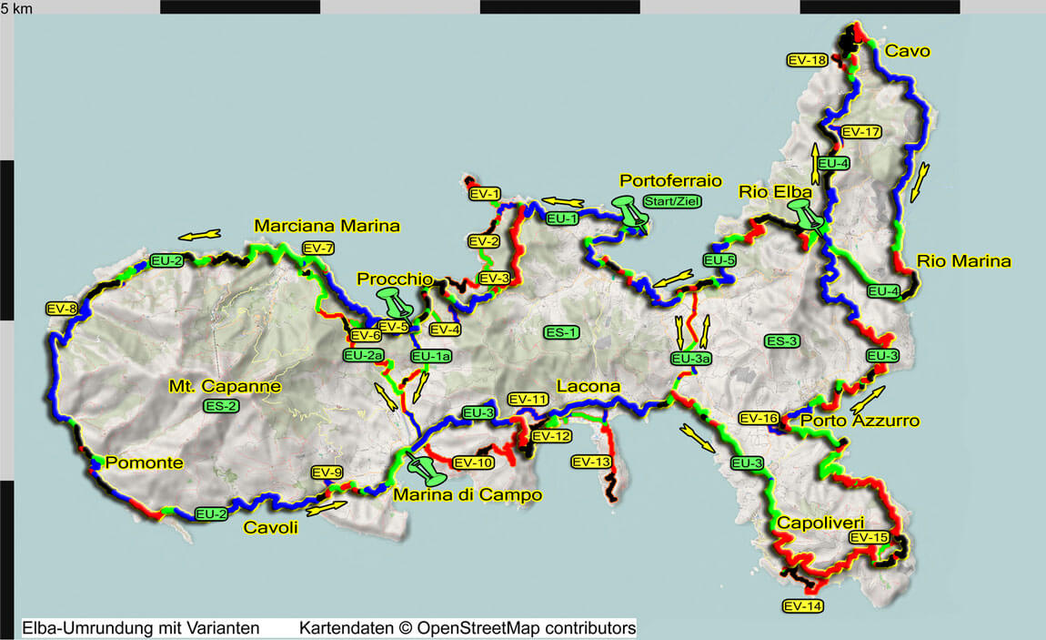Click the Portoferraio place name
670,180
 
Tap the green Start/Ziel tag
672,201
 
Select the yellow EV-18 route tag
807,60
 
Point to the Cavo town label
907,51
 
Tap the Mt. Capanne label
225,386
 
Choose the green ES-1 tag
560,332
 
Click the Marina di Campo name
467,495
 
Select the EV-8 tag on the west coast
62,309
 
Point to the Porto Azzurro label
860,421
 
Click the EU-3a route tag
690,360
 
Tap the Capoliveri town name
820,523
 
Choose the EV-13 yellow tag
591,462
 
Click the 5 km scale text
20,8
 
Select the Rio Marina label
963,261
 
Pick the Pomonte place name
144,462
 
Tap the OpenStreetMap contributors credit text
467,628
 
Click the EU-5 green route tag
719,260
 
